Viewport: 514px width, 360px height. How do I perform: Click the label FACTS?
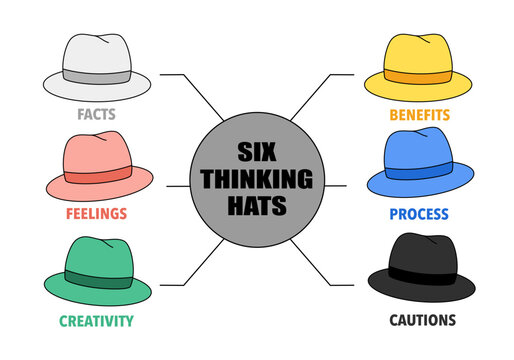96,114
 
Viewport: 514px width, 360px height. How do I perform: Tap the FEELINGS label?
97,214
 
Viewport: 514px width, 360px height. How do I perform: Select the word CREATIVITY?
96,321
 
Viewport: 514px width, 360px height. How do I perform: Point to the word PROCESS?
418,214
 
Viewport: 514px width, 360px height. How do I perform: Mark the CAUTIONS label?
421,321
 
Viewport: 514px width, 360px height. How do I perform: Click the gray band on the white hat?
97,77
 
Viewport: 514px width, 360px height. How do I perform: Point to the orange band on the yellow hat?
417,77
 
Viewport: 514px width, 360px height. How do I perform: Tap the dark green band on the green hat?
97,280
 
